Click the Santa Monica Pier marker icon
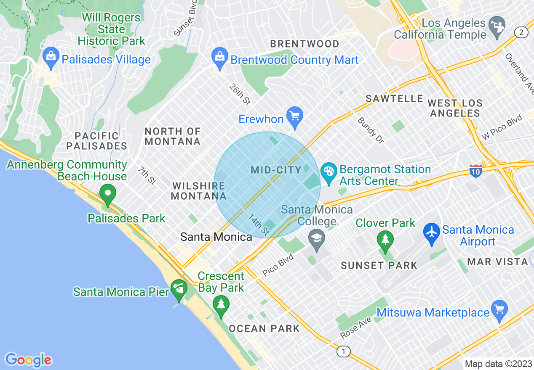pos(179,289)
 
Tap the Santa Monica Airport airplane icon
pos(432,231)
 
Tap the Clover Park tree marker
pos(385,239)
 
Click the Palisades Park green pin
pos(108,193)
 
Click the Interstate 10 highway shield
pos(475,171)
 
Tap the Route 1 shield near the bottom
pos(344,351)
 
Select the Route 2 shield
pos(521,33)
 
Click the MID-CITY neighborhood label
pos(276,170)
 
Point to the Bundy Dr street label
pos(371,130)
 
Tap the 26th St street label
pos(240,94)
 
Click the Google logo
pos(28,360)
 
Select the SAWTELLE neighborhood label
pos(394,98)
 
